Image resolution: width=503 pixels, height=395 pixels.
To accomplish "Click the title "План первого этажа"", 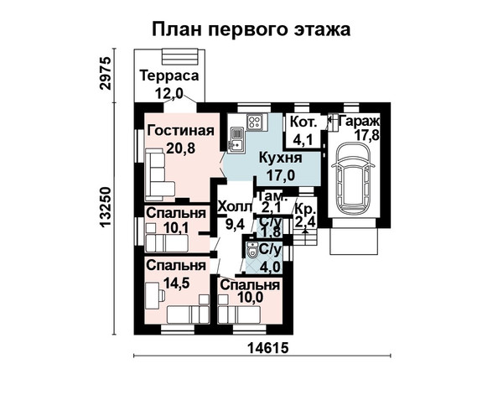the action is click(251, 29).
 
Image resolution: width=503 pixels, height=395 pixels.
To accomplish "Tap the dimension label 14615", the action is click(268, 348).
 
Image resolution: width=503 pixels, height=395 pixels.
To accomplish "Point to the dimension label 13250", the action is click(106, 207).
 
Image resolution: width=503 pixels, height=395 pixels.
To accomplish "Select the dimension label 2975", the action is click(106, 73).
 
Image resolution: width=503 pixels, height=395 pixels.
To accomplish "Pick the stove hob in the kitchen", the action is click(255, 122).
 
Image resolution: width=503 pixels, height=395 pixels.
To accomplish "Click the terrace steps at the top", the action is click(179, 57).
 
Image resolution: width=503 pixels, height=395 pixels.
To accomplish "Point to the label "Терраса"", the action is click(169, 76).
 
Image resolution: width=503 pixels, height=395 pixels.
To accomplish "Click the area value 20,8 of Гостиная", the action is click(181, 148).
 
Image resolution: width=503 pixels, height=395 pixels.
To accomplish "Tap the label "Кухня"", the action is click(280, 158).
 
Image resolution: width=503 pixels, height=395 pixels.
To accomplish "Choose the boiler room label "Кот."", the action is click(303, 122).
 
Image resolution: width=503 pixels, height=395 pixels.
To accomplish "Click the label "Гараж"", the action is click(360, 122).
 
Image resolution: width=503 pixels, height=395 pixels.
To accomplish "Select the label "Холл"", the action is click(235, 207).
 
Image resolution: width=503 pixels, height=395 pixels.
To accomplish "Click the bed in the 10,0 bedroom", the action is click(239, 314).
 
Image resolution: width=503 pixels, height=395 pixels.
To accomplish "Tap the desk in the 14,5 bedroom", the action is click(154, 295).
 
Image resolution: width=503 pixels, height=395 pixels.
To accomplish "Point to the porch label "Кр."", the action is click(305, 210).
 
